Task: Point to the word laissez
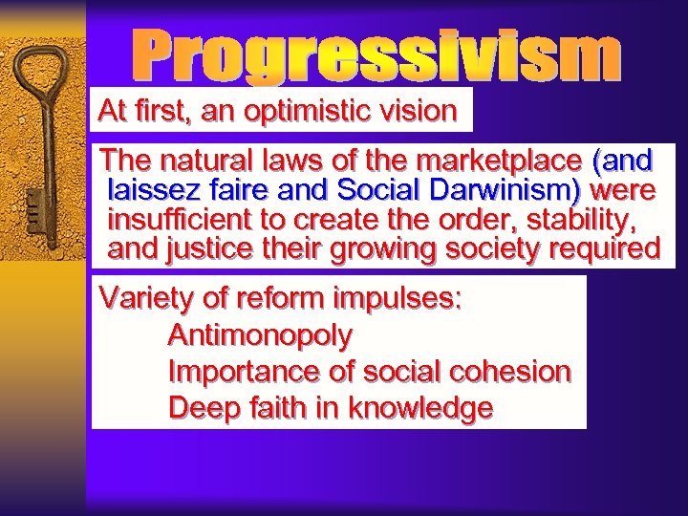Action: (150, 189)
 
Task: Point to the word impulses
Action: (397, 299)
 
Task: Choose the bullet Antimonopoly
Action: (260, 335)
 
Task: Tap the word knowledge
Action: (420, 408)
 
